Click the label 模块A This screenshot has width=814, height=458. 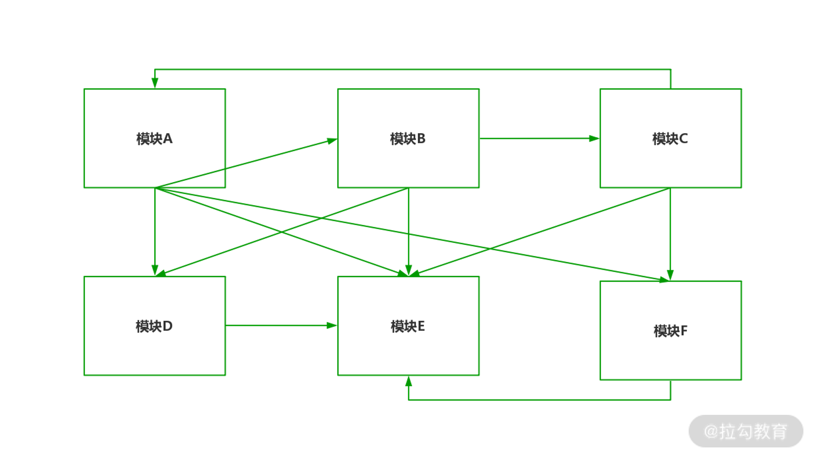click(154, 139)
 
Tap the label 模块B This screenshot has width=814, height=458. click(407, 139)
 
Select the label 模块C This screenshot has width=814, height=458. click(670, 139)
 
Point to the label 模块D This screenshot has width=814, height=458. click(154, 326)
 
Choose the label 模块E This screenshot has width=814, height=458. click(407, 326)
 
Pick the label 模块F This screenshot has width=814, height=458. click(670, 331)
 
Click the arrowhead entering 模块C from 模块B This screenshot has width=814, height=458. click(594, 138)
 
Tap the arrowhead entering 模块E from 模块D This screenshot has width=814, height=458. click(332, 325)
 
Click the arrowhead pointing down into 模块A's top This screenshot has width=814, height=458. click(155, 83)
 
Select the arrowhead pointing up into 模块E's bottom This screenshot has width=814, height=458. click(409, 381)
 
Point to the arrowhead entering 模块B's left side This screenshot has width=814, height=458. click(332, 141)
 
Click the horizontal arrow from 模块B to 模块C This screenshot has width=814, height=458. click(537, 138)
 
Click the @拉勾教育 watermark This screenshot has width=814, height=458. click(746, 431)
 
